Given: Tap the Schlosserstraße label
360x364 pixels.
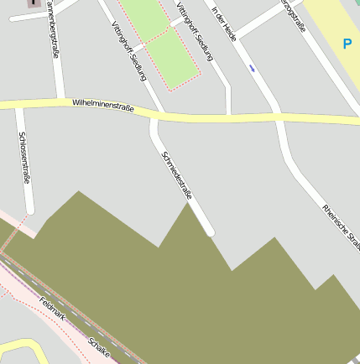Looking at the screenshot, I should (25, 159).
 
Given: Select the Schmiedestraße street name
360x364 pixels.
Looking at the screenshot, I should (176, 170).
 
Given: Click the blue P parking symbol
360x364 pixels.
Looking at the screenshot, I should (347, 43).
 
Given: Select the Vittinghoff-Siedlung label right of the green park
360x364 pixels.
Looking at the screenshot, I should (196, 31).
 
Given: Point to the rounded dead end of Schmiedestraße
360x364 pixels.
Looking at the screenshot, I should (209, 230).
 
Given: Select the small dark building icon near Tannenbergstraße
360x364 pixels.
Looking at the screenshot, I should (34, 3).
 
